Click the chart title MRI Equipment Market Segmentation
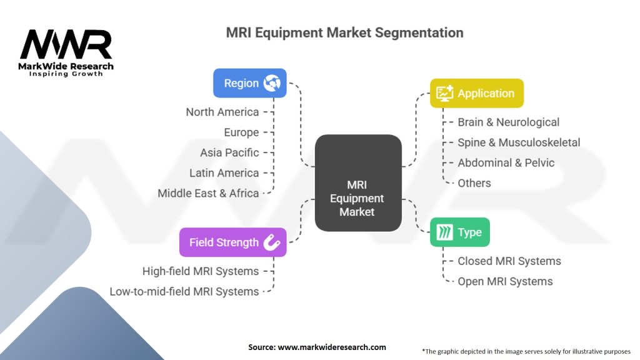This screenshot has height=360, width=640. pyautogui.click(x=344, y=32)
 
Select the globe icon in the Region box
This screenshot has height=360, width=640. pyautogui.click(x=272, y=83)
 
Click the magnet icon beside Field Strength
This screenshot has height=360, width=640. pyautogui.click(x=272, y=242)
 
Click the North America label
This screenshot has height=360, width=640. pyautogui.click(x=222, y=112)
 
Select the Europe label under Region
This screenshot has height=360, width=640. pyautogui.click(x=241, y=132)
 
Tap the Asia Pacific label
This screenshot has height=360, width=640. pyautogui.click(x=229, y=152)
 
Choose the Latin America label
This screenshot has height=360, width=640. pyautogui.click(x=224, y=173)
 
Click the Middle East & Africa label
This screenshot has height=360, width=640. pyautogui.click(x=208, y=193)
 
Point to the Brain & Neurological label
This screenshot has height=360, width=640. pyautogui.click(x=508, y=122)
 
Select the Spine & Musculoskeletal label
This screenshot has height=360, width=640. pyautogui.click(x=519, y=142)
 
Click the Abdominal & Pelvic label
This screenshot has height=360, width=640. pyautogui.click(x=506, y=162)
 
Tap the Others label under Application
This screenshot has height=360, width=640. pyautogui.click(x=474, y=183)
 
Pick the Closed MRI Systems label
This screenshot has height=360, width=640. pyautogui.click(x=509, y=261)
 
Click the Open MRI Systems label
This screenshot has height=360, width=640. pyautogui.click(x=505, y=281)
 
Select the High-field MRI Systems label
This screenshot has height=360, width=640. pyautogui.click(x=200, y=271)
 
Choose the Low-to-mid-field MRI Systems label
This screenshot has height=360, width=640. pyautogui.click(x=184, y=291)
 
